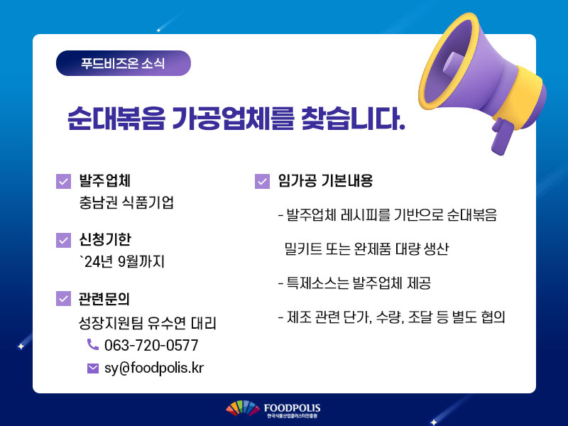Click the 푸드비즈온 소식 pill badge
click(x=123, y=63)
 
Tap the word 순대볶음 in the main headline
click(x=116, y=119)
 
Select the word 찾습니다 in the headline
click(x=353, y=119)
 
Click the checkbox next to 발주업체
click(x=63, y=181)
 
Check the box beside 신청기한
click(x=63, y=240)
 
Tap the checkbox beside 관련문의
click(x=63, y=298)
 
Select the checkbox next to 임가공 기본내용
click(x=262, y=181)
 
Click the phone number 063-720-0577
click(x=151, y=345)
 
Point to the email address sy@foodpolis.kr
click(x=154, y=368)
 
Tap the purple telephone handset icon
click(x=93, y=344)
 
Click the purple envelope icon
click(x=93, y=368)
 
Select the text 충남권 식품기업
click(x=126, y=202)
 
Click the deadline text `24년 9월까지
click(x=122, y=261)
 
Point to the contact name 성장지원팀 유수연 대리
click(x=148, y=323)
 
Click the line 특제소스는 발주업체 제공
click(x=354, y=283)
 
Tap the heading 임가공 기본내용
click(x=325, y=181)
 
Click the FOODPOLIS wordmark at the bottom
click(x=292, y=408)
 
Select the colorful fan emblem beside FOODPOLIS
click(x=243, y=408)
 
